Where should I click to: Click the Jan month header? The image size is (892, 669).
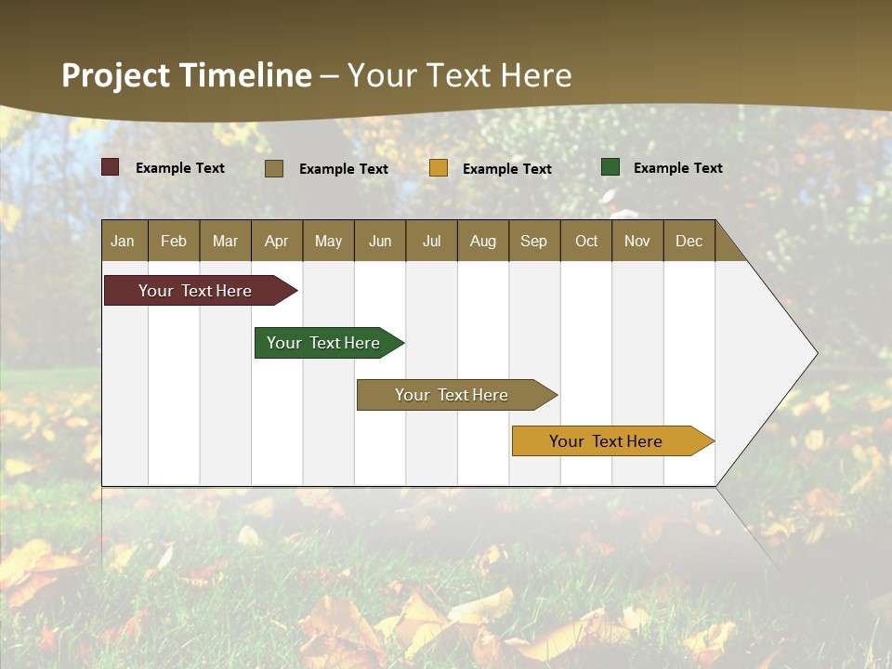click(x=123, y=241)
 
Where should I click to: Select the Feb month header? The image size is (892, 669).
click(x=174, y=241)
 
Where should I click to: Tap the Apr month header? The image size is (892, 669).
click(x=276, y=241)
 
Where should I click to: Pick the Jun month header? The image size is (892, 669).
click(x=380, y=241)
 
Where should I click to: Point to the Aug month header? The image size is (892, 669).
click(x=482, y=241)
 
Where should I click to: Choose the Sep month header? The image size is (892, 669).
click(x=533, y=241)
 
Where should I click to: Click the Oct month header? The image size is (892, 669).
click(x=586, y=241)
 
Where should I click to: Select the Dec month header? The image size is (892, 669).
click(x=689, y=241)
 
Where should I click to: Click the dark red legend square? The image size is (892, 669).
click(x=111, y=167)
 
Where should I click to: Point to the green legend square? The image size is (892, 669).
click(x=610, y=167)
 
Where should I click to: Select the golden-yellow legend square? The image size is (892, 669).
click(x=439, y=168)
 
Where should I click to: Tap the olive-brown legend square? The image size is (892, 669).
click(x=274, y=168)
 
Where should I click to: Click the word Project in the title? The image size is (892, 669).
click(x=115, y=75)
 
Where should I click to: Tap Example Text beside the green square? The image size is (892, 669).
click(x=677, y=168)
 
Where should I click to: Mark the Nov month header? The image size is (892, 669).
click(x=637, y=241)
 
